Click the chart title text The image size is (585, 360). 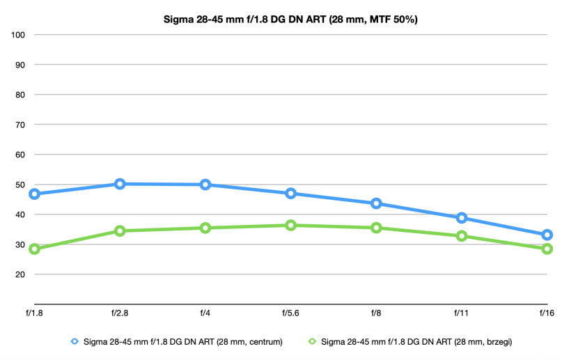[x=290, y=19]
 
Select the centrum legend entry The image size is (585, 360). [x=177, y=342]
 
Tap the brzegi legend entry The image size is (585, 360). [x=410, y=342]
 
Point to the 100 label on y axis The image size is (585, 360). [x=18, y=35]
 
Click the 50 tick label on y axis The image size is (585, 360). [x=20, y=185]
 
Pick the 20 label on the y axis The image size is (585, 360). [x=20, y=274]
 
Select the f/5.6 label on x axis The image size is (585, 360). [x=290, y=313]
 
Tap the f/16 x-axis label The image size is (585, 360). [x=547, y=313]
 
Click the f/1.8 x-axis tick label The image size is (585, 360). [x=34, y=313]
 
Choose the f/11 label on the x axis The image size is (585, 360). [x=462, y=313]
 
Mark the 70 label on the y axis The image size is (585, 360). [x=20, y=125]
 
